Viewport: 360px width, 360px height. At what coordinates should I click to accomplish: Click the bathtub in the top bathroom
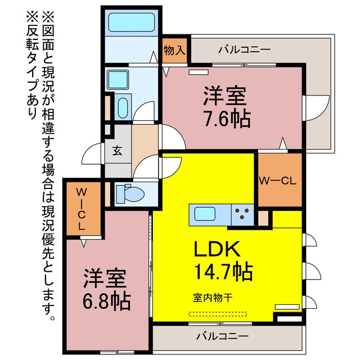(x=130, y=23)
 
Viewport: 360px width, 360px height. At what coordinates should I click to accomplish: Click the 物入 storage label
(x=174, y=50)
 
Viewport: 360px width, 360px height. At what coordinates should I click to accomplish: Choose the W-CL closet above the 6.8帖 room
(x=82, y=208)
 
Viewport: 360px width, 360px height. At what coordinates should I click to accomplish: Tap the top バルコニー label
(x=244, y=50)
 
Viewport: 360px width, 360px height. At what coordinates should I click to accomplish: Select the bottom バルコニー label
(x=222, y=337)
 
